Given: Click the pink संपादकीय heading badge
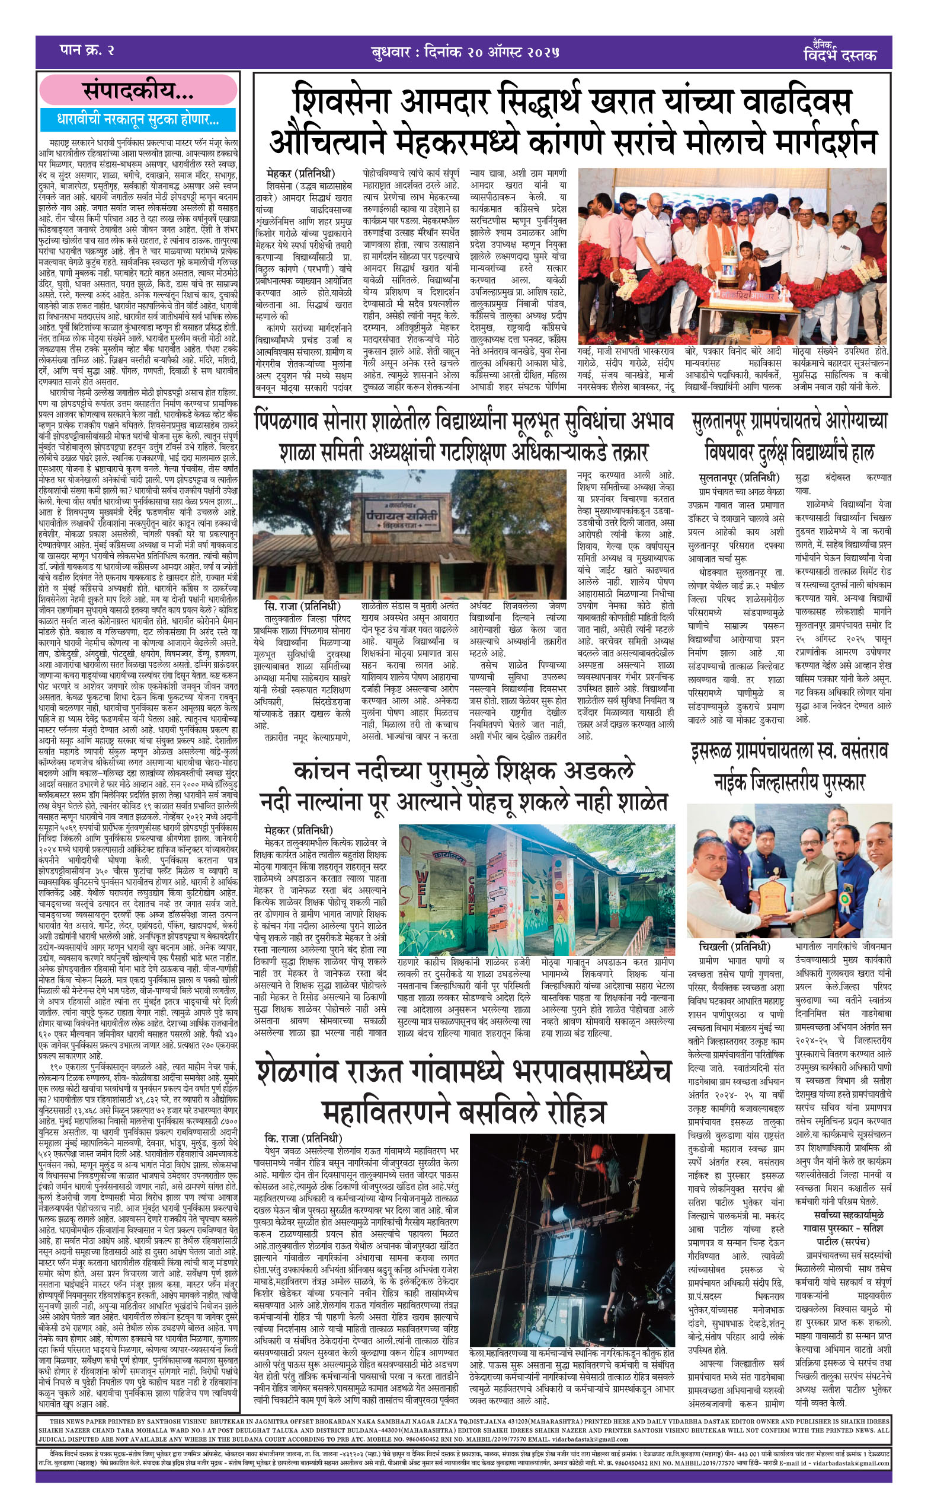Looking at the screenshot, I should tap(138, 91).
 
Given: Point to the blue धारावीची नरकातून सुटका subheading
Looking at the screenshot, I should tap(137, 119).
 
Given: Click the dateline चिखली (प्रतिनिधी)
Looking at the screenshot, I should tap(734, 947).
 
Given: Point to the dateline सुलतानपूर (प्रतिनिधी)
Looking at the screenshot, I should tap(738, 478).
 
